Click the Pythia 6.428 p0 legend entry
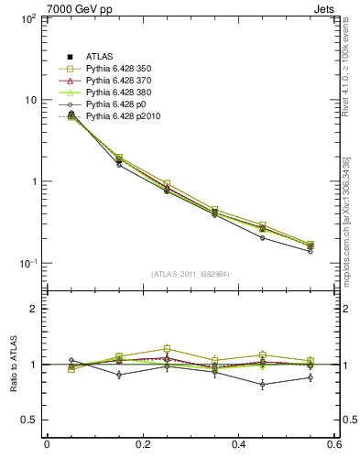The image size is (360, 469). [x=114, y=105]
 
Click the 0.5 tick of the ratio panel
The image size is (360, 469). [x=29, y=420]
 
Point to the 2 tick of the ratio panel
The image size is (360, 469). [x=33, y=310]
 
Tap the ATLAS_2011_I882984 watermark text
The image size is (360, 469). [x=191, y=273]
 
